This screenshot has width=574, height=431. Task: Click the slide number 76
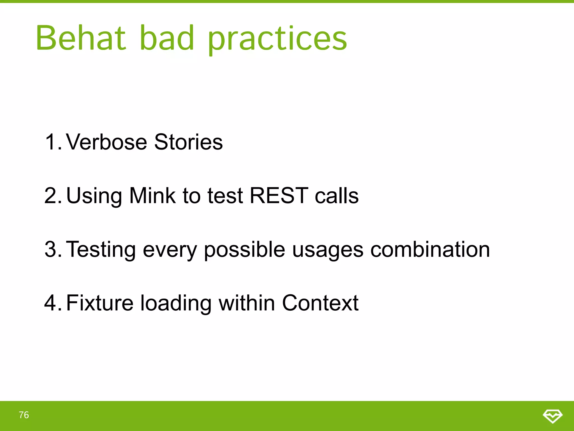(x=24, y=415)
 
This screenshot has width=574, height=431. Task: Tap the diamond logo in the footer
(x=552, y=416)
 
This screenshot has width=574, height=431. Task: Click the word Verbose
(x=107, y=142)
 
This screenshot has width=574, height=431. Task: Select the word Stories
(x=188, y=142)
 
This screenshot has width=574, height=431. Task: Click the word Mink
(x=152, y=196)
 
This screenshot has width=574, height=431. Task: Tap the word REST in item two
(x=279, y=196)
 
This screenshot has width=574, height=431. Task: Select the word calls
(x=336, y=196)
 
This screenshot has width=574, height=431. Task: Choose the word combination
(x=430, y=249)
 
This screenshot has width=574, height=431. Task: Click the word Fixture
(x=100, y=303)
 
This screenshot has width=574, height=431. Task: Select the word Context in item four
(x=320, y=303)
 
